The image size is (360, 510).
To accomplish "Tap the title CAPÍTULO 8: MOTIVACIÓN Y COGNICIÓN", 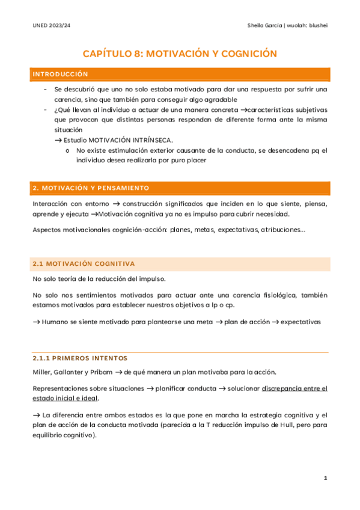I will click(180, 54).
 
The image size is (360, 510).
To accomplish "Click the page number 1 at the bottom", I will click(325, 478).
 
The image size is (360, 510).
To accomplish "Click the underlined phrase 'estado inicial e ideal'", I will click(66, 399).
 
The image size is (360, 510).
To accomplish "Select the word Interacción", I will click(52, 203).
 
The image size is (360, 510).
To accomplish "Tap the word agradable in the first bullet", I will click(218, 99).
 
